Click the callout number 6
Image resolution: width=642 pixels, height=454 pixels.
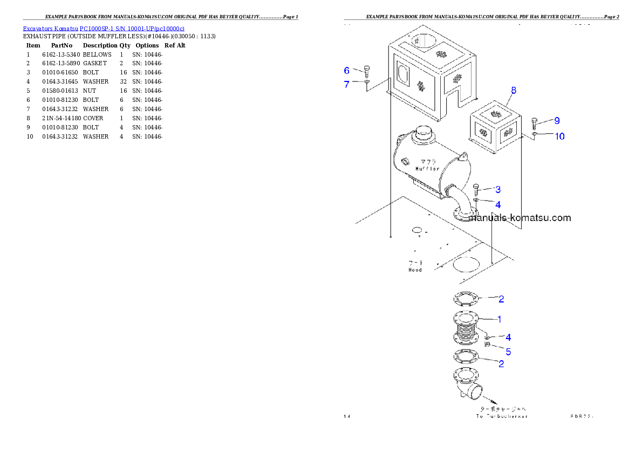347,71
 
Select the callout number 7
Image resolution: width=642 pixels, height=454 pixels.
347,84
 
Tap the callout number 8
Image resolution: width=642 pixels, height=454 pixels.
513,91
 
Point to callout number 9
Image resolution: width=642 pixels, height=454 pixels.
557,121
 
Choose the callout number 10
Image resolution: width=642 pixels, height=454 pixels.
559,136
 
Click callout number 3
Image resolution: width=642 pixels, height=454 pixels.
497,189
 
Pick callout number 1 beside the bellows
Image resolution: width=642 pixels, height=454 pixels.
499,319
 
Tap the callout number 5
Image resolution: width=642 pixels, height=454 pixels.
508,352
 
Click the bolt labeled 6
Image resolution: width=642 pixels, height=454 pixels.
367,71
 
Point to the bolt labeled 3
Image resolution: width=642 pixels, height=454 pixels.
476,189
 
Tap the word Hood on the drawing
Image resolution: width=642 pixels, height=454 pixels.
415,270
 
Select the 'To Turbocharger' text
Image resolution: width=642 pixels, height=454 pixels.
502,416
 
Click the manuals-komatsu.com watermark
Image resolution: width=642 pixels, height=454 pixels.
520,218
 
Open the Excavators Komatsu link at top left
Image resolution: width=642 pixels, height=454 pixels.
104,28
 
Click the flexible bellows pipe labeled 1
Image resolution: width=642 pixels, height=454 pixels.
465,328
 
